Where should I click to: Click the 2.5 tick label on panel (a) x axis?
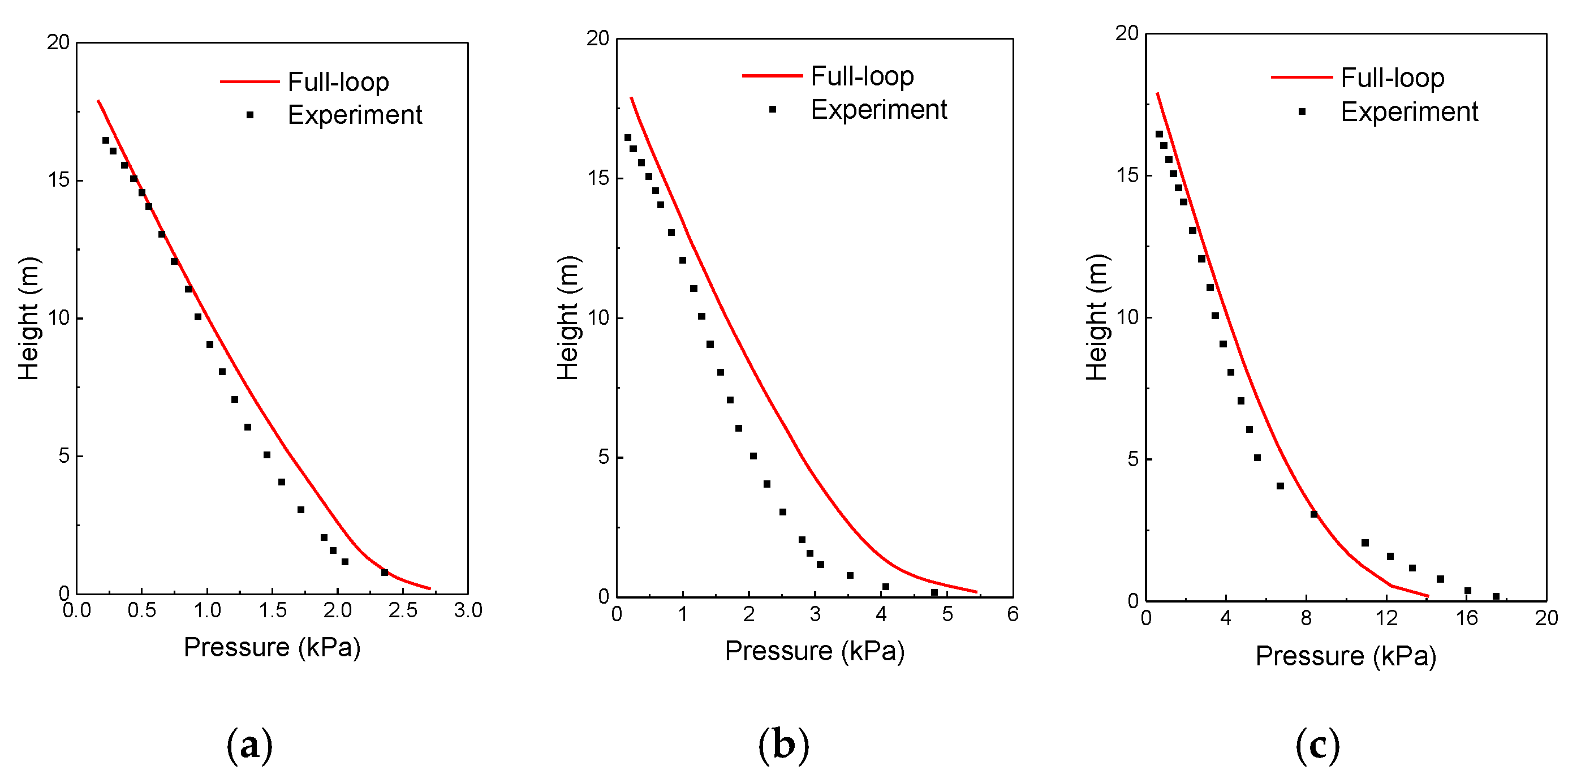coord(403,610)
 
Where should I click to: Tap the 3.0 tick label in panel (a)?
coord(468,610)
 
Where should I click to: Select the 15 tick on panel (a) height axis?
coord(59,180)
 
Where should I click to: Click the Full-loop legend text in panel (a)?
coord(338,81)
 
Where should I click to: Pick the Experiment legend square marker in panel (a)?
coord(250,115)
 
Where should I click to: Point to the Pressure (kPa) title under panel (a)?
coord(272,647)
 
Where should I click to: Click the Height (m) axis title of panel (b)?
coord(568,318)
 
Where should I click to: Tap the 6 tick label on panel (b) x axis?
coord(1013,614)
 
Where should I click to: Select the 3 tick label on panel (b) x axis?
coord(815,614)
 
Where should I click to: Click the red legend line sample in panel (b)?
coord(772,75)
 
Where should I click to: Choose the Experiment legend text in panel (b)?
coord(878,110)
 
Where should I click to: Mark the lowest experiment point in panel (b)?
coord(934,592)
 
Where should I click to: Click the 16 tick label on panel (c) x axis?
coord(1467,618)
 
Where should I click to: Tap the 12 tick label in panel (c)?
coord(1386,618)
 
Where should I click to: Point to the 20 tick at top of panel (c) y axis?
coord(1127,33)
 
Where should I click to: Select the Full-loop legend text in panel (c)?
coord(1392,78)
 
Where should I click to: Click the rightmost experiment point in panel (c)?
coord(1496,596)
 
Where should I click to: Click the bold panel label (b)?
coord(784,745)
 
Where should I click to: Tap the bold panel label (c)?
coord(1318,745)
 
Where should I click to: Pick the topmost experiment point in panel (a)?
coord(106,140)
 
